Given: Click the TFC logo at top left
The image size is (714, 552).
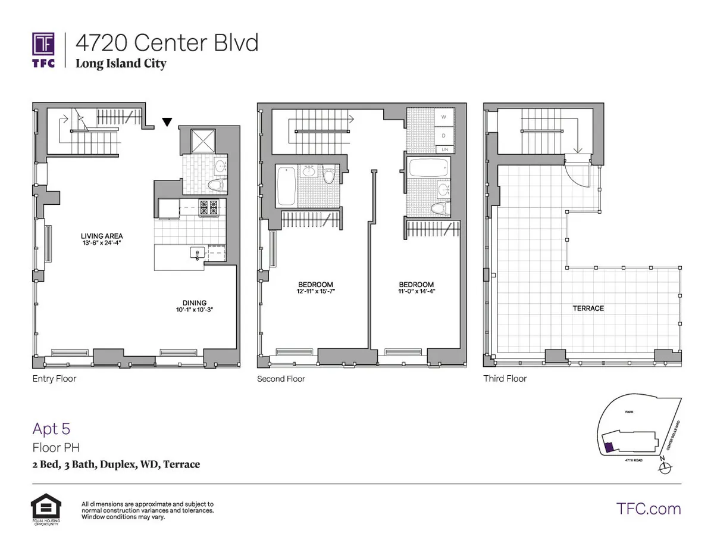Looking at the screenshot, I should [43, 51].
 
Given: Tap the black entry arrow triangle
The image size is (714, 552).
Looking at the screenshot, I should [167, 123].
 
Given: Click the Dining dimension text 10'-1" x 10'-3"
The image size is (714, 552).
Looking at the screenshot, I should [190, 310].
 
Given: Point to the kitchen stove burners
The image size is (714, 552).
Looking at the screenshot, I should [208, 208].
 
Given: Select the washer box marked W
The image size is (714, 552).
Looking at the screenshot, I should [443, 118].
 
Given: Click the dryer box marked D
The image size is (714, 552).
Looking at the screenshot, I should [443, 135].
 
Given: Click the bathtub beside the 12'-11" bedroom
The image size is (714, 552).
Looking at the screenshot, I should [286, 186].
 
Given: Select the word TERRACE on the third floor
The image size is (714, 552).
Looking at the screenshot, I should [588, 308].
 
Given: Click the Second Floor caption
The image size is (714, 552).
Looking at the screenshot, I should [281, 379].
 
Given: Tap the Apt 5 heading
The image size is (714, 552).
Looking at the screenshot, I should [51, 429].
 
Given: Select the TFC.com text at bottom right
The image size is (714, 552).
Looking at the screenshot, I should [648, 509].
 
